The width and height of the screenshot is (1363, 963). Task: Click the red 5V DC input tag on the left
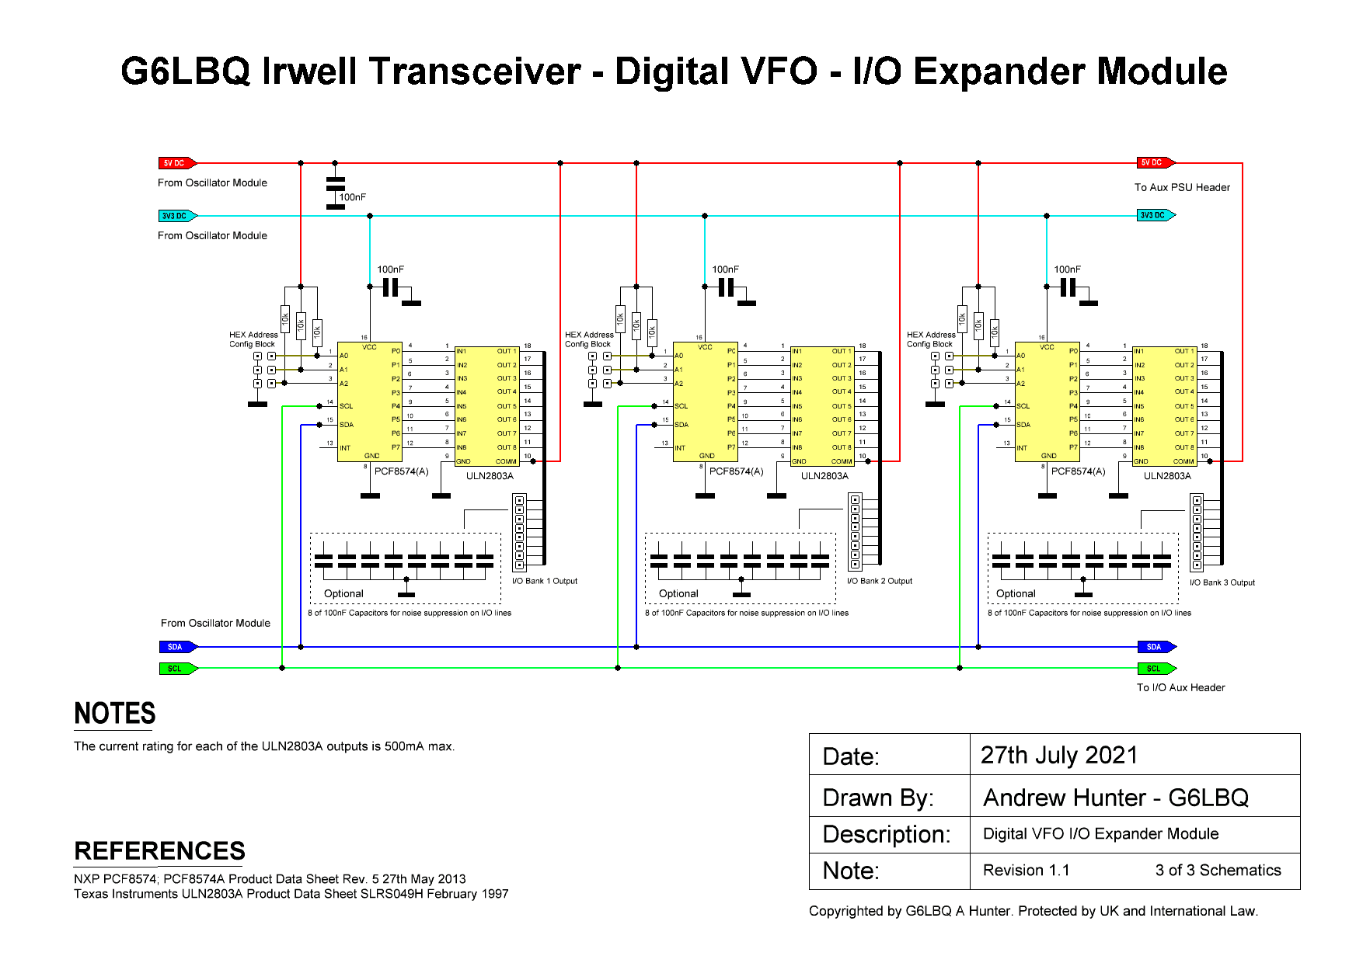(176, 163)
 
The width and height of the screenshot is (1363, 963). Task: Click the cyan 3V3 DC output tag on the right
(1155, 215)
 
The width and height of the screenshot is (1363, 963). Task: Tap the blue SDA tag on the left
(176, 647)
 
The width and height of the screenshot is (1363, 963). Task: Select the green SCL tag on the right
(1155, 669)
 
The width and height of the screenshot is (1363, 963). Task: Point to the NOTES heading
(115, 714)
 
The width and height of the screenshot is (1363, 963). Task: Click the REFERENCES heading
(159, 851)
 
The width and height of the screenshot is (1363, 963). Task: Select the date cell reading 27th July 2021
(1059, 755)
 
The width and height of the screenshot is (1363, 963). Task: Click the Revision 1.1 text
(1026, 871)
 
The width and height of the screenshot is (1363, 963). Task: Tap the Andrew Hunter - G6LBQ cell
(1116, 798)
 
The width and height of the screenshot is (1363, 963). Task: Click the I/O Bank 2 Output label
(879, 581)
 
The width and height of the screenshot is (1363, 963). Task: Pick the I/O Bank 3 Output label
(1222, 582)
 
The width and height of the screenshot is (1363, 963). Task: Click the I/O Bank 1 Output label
(544, 581)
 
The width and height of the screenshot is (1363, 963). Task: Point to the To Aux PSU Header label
(1182, 187)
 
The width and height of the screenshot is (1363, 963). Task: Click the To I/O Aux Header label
(1180, 687)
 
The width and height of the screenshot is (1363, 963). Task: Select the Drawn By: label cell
(878, 798)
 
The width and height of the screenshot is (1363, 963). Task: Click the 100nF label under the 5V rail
(352, 197)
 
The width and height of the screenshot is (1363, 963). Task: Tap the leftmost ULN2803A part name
(490, 476)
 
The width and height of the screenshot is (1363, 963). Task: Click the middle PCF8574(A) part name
(736, 471)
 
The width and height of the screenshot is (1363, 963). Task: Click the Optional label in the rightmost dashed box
(1016, 593)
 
